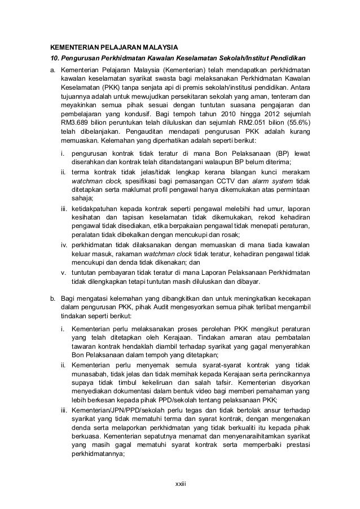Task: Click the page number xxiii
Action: [x=180, y=485]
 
